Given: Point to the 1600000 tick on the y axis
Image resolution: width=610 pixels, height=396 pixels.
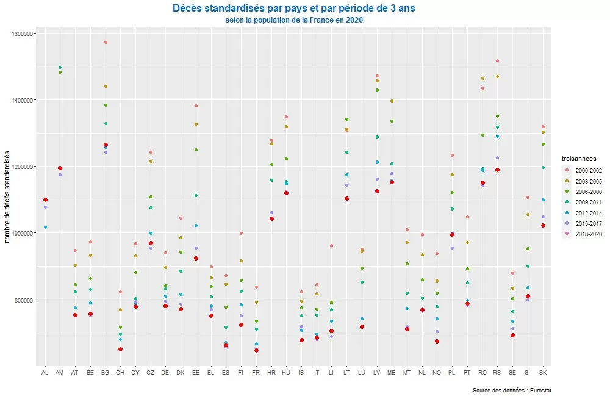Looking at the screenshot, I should [23, 34].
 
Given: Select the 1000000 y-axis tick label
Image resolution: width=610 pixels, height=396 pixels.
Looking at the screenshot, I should [23, 234].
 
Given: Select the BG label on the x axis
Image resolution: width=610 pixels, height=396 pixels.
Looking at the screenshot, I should [105, 372].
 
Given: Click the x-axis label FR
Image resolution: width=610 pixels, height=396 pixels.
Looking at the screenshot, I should [256, 372].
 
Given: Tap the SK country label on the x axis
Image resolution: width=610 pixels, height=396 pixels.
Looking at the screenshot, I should [543, 372].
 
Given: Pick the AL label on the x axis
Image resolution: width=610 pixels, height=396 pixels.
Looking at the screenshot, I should [45, 372].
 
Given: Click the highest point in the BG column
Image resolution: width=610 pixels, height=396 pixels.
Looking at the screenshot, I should [106, 43].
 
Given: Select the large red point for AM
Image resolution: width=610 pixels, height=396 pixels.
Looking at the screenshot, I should [60, 168].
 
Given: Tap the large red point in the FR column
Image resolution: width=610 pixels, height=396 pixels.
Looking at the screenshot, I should [256, 350].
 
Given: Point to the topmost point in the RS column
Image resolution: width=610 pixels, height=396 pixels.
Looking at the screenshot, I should [498, 61].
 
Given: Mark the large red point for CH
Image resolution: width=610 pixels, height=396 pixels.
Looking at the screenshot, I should [120, 349].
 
